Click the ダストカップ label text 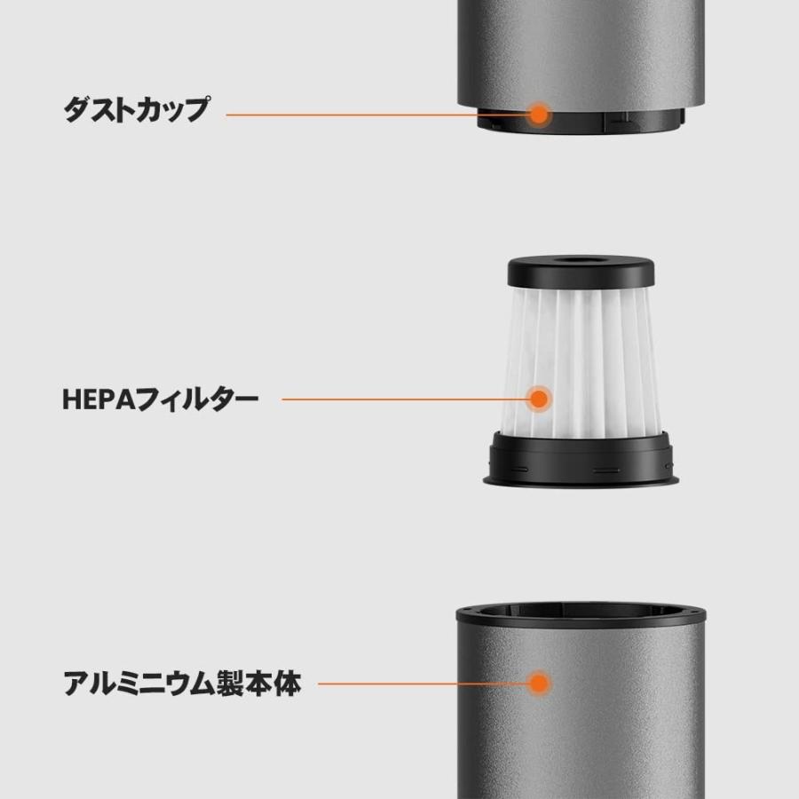tap(136, 111)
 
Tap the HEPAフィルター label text tap(160, 399)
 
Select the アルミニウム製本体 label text tap(182, 684)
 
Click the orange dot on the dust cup tap(538, 114)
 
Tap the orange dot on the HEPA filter tap(538, 399)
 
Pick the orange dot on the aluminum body tap(538, 684)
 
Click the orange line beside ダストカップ tap(373, 115)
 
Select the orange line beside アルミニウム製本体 tap(417, 684)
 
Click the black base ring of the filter tap(581, 460)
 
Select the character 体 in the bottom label tap(286, 684)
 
